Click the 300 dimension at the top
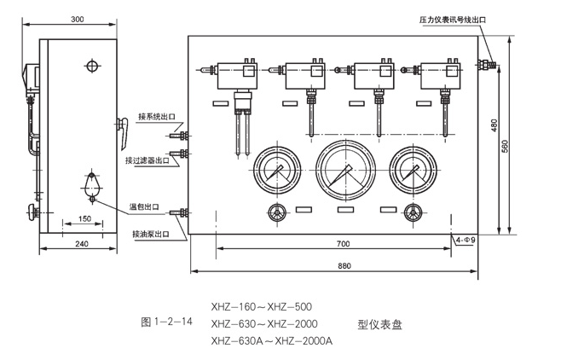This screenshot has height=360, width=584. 77,19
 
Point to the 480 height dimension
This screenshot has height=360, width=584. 493,125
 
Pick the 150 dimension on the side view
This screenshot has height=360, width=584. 84,219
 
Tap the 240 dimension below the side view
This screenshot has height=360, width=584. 82,244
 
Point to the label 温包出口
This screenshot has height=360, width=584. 144,206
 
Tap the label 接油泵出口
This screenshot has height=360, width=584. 150,233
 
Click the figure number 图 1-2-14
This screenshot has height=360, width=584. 165,322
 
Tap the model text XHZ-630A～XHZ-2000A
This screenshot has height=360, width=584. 271,340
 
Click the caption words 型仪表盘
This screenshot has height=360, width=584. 379,324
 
